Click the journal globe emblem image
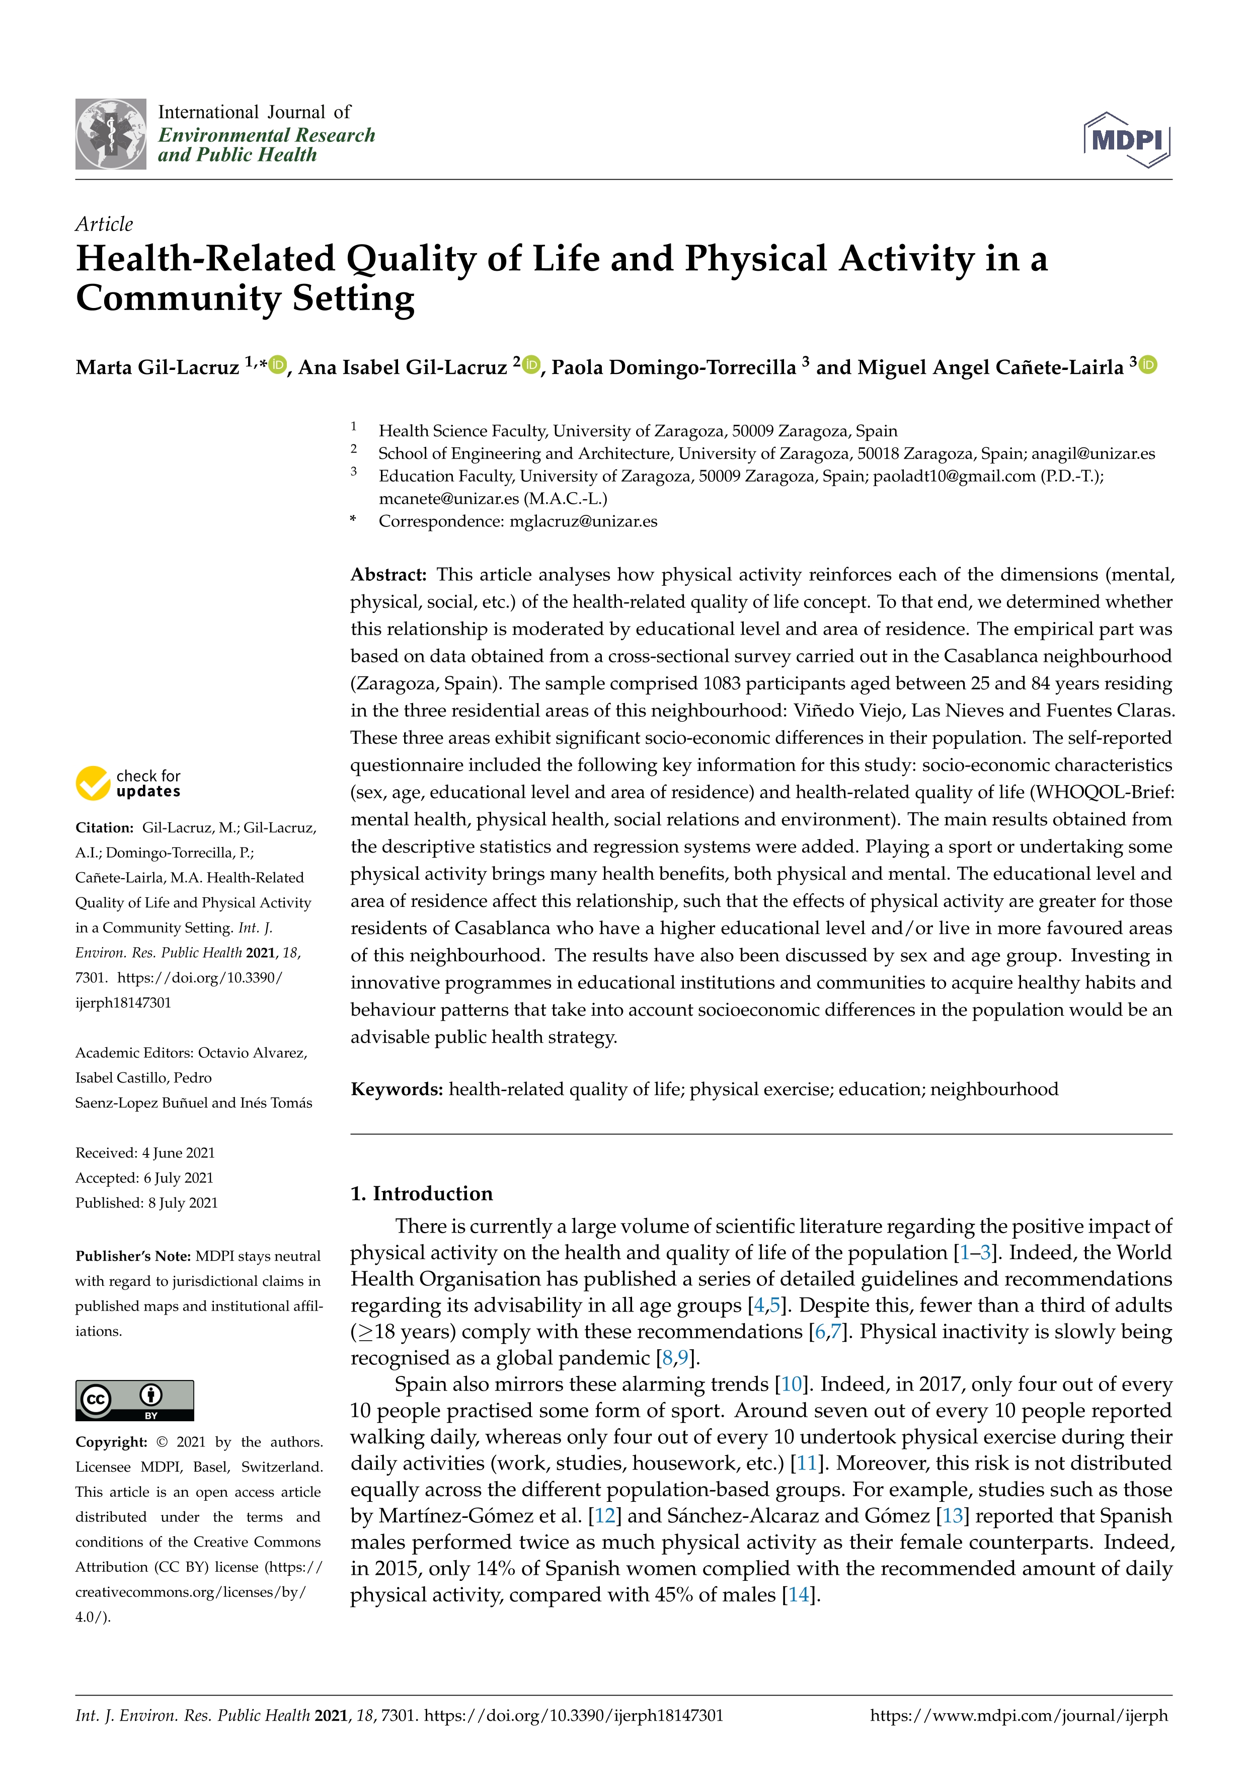click(111, 134)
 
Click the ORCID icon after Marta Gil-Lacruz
click(278, 365)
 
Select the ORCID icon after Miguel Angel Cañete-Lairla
click(1148, 365)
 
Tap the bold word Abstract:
click(388, 575)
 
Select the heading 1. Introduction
click(421, 1193)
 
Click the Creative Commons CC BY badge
click(134, 1400)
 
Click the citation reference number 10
click(792, 1385)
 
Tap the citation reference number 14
click(799, 1595)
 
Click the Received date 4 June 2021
click(178, 1153)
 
